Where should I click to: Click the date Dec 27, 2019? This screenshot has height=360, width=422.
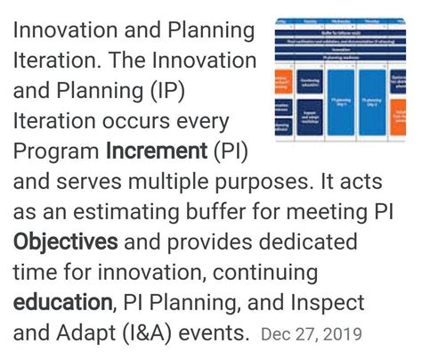click(x=312, y=335)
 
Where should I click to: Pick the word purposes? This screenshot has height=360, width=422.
click(x=234, y=182)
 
